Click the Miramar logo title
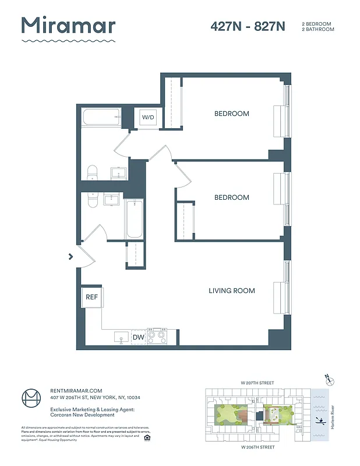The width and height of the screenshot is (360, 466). click(68, 26)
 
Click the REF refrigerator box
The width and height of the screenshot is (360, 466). click(91, 296)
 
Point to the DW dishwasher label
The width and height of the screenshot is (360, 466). click(138, 337)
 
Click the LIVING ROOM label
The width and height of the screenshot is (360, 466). click(232, 291)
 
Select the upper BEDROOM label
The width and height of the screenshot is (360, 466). click(231, 114)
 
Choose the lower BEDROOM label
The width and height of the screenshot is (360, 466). click(231, 197)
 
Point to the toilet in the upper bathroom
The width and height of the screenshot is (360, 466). click(92, 172)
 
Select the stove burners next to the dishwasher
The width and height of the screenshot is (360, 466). click(157, 336)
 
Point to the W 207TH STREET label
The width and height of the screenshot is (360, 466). click(258, 383)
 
